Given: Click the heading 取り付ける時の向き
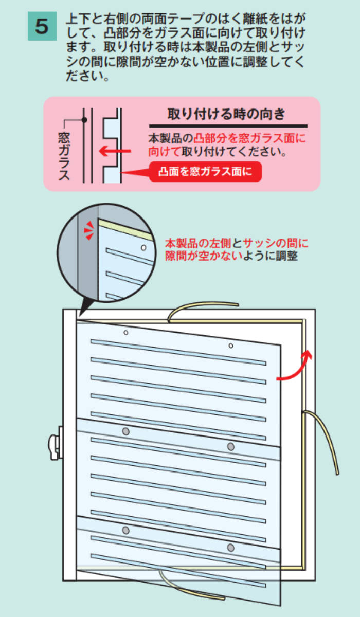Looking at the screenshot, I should (226, 114).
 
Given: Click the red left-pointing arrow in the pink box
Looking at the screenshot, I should (115, 151).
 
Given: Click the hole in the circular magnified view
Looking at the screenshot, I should (144, 248).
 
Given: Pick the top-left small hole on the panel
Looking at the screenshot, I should (126, 333).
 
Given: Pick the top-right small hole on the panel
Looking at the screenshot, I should (231, 345).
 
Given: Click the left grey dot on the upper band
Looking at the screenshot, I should (125, 430).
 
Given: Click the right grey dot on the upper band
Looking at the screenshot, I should (231, 446).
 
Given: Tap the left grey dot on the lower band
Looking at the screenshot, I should (125, 530).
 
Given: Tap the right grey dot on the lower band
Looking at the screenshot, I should (231, 547).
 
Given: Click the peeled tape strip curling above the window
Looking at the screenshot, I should (201, 306).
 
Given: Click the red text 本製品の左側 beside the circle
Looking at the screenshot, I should (198, 243).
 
